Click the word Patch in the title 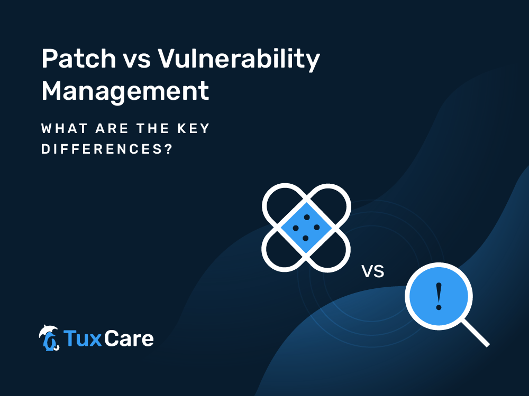coord(79,59)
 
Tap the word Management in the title coord(125,91)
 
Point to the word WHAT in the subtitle coord(65,129)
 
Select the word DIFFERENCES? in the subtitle coord(107,149)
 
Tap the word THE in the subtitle coord(152,129)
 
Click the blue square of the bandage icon coord(306,228)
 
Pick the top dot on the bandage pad coord(307,217)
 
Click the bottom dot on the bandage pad coord(306,239)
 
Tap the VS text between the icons coord(373,271)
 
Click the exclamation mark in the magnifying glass coord(439,296)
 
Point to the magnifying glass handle coord(475,333)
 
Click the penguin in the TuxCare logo coord(49,342)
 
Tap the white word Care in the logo coord(129,338)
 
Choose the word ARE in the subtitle coord(112,129)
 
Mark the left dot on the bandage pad coord(296,228)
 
